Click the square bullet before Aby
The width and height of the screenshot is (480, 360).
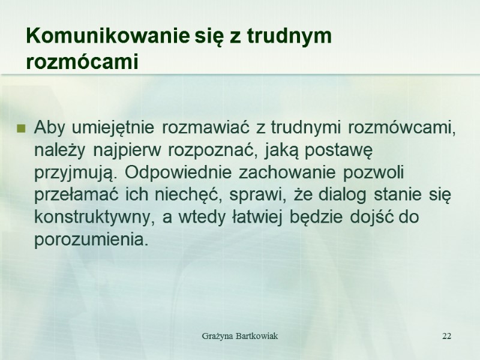click(x=21, y=128)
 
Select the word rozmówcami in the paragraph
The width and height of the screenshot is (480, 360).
click(x=401, y=128)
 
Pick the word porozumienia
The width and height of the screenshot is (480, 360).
click(x=91, y=240)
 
